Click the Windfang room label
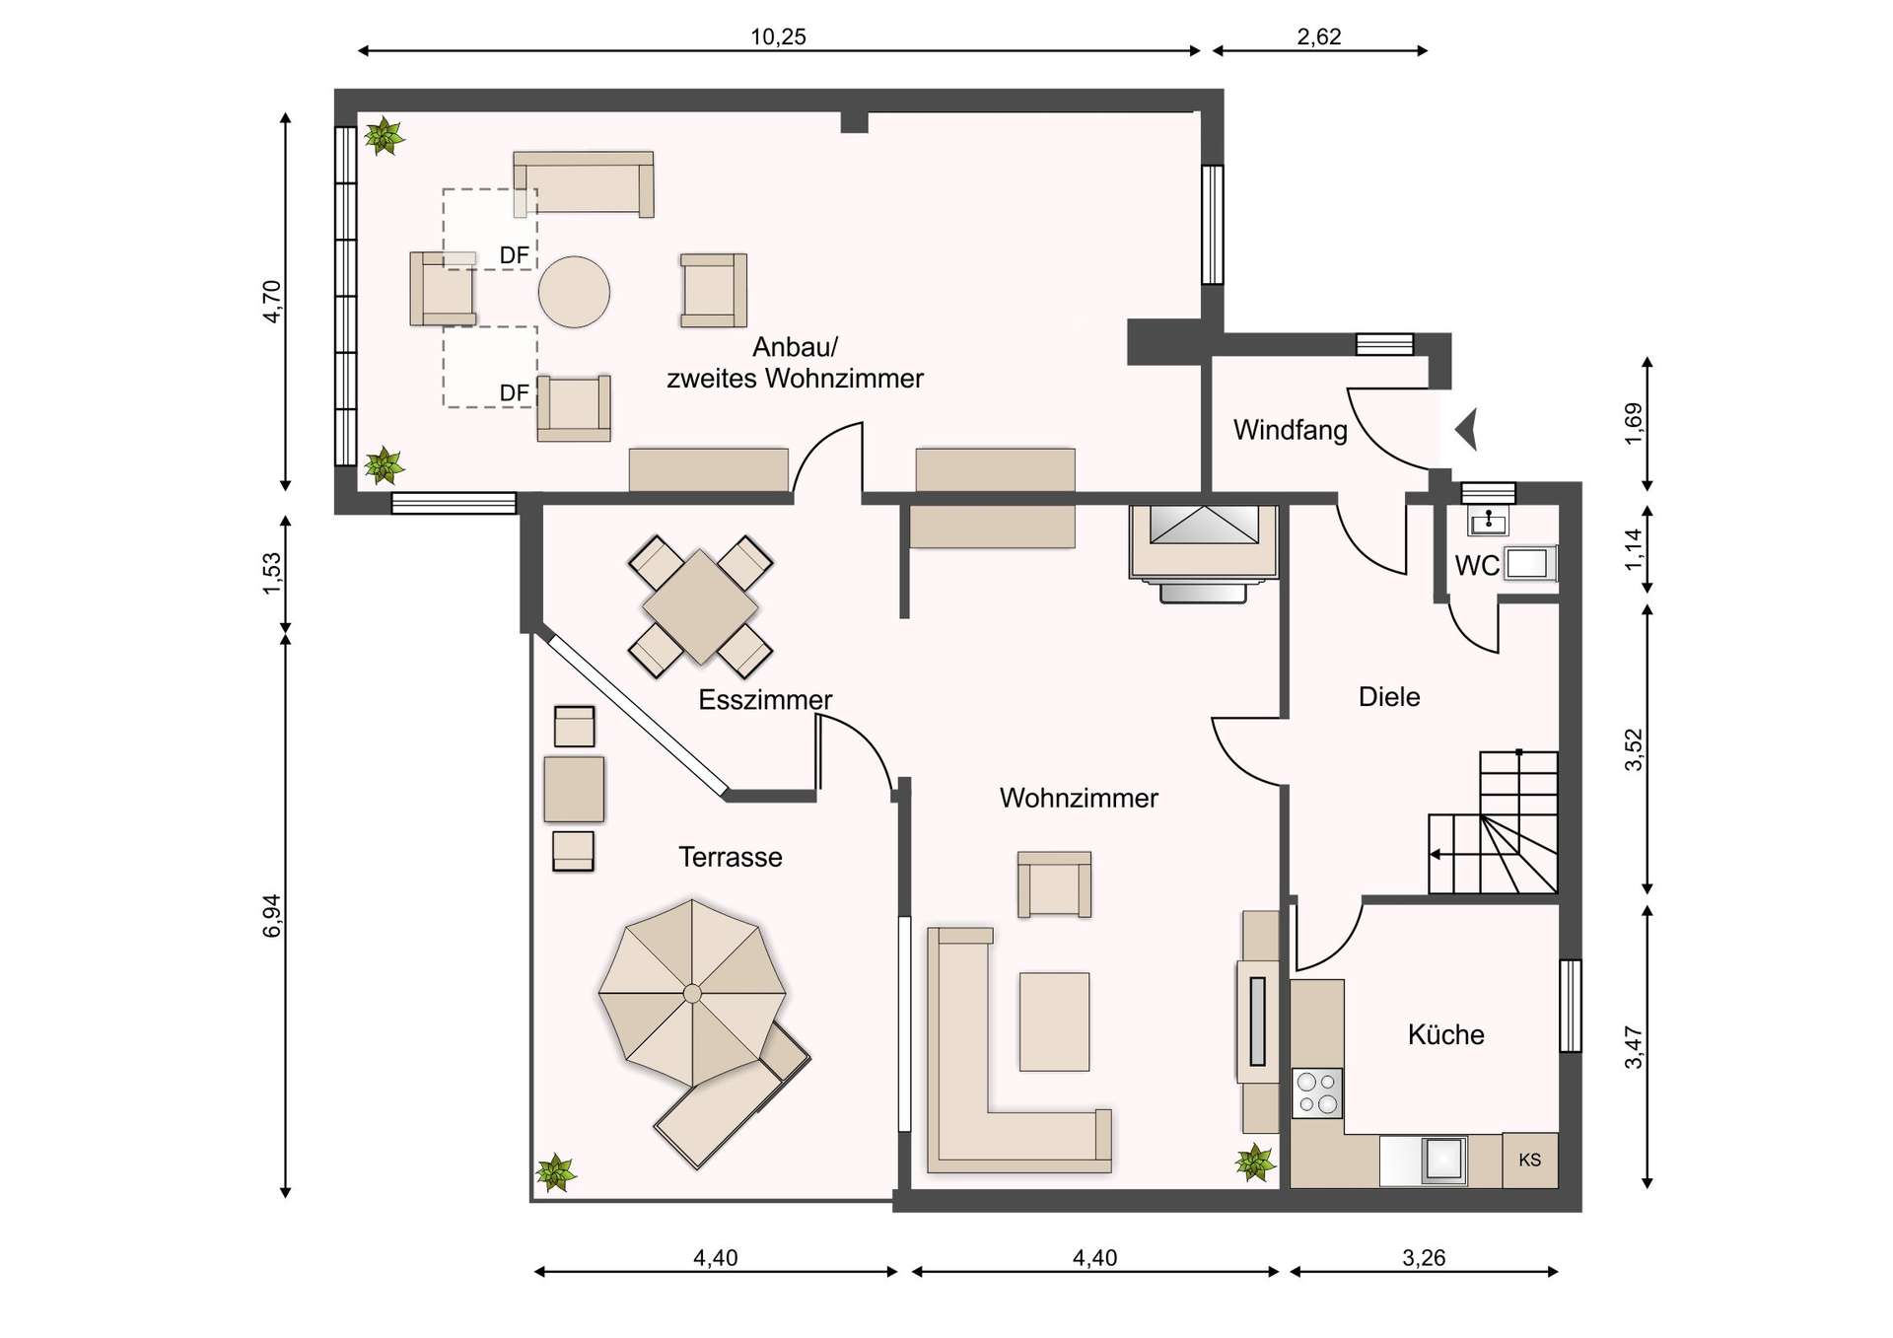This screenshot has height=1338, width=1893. click(x=1290, y=430)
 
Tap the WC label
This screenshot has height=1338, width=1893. click(x=1476, y=566)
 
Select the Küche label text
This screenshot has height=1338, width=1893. click(x=1445, y=1034)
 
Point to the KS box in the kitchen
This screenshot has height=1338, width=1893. click(x=1529, y=1161)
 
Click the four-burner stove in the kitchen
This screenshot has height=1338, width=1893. click(x=1317, y=1093)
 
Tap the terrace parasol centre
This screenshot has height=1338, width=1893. click(x=692, y=993)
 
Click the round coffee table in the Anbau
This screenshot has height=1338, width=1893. click(x=574, y=292)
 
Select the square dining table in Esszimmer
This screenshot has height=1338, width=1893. click(x=700, y=606)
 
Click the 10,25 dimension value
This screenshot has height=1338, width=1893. click(x=778, y=37)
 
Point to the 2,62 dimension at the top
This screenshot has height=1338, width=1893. click(x=1318, y=37)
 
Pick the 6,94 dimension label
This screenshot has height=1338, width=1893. click(x=272, y=915)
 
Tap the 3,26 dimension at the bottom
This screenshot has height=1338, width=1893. click(x=1423, y=1258)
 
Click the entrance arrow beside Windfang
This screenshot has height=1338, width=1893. click(x=1467, y=430)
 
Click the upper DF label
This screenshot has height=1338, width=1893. click(x=514, y=256)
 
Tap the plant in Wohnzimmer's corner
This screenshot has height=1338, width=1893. click(x=1255, y=1162)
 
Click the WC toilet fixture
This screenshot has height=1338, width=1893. click(x=1527, y=564)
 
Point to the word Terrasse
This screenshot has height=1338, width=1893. click(x=730, y=857)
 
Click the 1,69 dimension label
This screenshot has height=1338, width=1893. click(x=1634, y=424)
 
